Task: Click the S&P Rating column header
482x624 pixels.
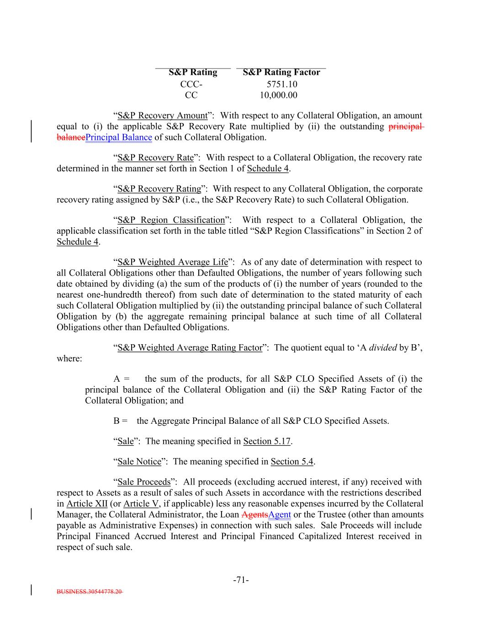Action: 193,72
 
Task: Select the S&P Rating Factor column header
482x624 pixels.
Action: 281,72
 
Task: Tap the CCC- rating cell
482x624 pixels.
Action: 191,84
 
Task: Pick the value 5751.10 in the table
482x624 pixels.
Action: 282,84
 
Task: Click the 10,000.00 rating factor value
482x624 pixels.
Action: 278,95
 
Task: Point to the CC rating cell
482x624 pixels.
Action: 191,95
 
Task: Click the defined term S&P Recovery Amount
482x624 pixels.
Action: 162,116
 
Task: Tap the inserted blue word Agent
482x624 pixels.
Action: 280,515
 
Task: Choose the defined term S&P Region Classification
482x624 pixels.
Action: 171,220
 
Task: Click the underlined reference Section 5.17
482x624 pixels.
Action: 267,442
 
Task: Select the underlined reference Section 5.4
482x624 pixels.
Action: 292,462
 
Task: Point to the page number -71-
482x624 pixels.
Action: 241,581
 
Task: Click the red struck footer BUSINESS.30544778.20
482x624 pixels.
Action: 90,592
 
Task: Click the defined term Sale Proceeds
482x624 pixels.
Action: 143,482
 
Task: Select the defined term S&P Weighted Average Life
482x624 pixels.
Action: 173,262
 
